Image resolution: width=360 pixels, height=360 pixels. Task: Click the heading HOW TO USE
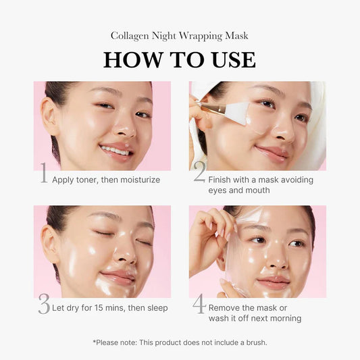tap(180, 59)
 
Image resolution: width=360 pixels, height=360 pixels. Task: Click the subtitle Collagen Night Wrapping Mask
tap(180, 35)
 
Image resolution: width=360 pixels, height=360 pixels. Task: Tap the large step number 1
tap(43, 174)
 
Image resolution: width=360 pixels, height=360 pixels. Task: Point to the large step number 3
tap(44, 305)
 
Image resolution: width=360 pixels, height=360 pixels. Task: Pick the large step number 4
tap(199, 304)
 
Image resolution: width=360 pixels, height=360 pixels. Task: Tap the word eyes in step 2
tap(219, 190)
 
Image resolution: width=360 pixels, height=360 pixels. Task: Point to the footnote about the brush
tap(180, 342)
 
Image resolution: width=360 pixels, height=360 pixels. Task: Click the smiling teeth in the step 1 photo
tap(117, 151)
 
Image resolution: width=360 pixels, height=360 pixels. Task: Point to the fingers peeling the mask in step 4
tap(206, 233)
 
